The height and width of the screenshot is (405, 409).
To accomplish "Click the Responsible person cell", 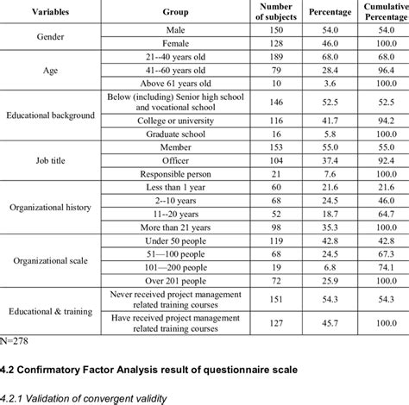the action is pos(175,173).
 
